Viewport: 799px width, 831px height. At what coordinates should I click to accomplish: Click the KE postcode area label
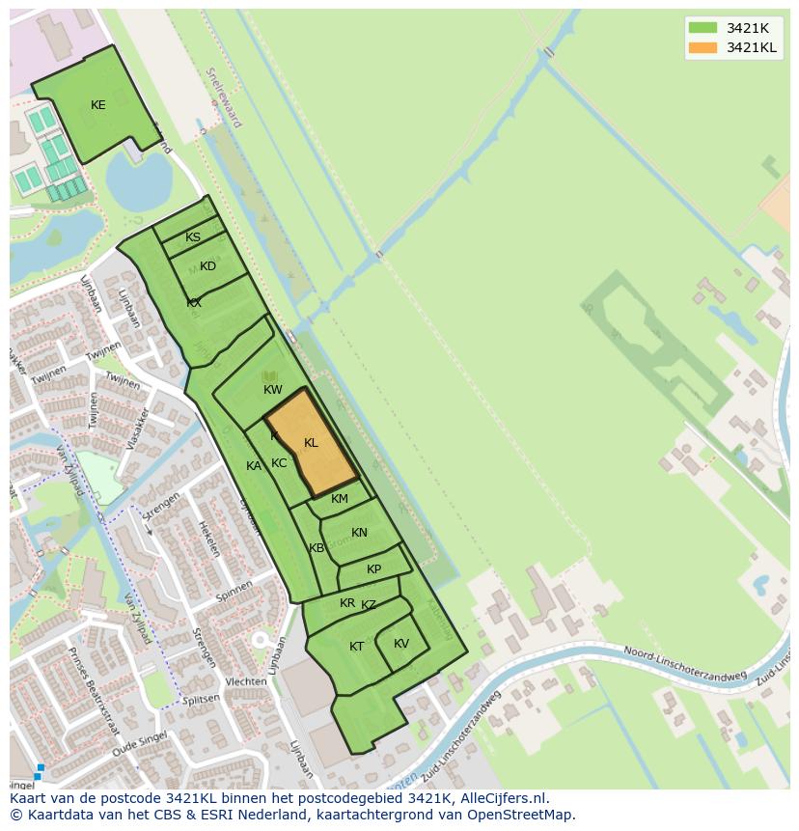click(x=97, y=105)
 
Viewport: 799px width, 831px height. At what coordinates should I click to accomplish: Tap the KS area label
click(x=193, y=237)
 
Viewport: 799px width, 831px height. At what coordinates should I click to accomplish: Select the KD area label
click(x=207, y=266)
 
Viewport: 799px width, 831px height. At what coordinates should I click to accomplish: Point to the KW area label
click(x=273, y=390)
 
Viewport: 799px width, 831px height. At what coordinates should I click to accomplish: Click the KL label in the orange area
click(x=311, y=443)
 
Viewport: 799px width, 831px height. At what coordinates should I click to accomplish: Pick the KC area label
click(x=279, y=463)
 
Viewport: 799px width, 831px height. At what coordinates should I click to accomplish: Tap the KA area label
click(x=254, y=466)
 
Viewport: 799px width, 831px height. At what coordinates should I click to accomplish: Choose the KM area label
click(x=340, y=499)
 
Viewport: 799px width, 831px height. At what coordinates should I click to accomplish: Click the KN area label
click(x=359, y=533)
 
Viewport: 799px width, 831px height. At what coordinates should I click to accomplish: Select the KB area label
click(x=317, y=548)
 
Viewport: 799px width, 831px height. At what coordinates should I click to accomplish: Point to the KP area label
click(x=373, y=569)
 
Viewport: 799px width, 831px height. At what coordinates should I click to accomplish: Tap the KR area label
click(x=347, y=603)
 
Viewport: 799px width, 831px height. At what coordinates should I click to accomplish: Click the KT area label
click(x=357, y=647)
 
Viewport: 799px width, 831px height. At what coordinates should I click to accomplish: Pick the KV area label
click(x=401, y=644)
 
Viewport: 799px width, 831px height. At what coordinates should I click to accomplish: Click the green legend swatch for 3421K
click(x=703, y=27)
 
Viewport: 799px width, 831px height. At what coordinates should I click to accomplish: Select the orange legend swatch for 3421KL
click(x=703, y=47)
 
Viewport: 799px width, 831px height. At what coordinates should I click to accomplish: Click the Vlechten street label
click(x=245, y=681)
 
